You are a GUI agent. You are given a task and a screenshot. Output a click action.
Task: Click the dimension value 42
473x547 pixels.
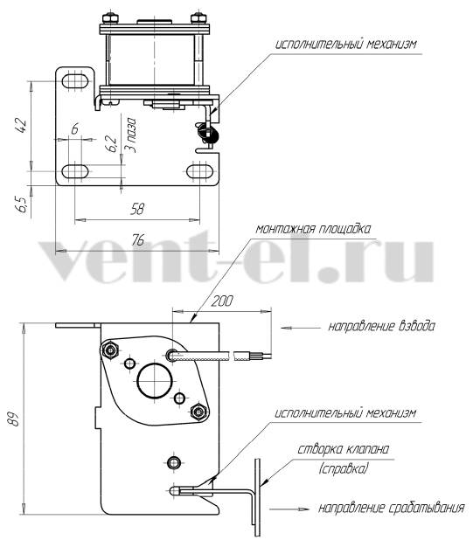pyautogui.click(x=21, y=126)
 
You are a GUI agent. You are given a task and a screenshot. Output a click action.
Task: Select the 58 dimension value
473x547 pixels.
pyautogui.click(x=137, y=209)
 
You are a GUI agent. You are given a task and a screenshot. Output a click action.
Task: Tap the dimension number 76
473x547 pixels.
pyautogui.click(x=138, y=240)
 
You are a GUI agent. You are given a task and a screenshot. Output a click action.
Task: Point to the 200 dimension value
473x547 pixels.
pyautogui.click(x=222, y=301)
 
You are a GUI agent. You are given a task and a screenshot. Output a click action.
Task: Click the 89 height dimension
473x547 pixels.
pyautogui.click(x=13, y=419)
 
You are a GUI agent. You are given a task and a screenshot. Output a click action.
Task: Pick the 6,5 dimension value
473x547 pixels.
pyautogui.click(x=21, y=204)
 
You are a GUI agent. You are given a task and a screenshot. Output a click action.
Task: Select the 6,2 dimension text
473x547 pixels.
pyautogui.click(x=111, y=143)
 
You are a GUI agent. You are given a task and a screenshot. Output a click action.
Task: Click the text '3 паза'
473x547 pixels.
pyautogui.click(x=130, y=135)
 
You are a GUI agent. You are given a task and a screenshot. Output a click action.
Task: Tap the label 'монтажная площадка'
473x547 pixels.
pyautogui.click(x=313, y=229)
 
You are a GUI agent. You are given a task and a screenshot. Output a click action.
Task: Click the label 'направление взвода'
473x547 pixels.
pyautogui.click(x=381, y=327)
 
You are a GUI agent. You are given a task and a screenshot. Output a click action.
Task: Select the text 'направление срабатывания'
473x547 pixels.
pyautogui.click(x=392, y=508)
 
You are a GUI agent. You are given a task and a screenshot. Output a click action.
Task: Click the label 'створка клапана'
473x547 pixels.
pyautogui.click(x=343, y=449)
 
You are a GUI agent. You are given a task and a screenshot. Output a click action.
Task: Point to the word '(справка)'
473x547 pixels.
pyautogui.click(x=343, y=468)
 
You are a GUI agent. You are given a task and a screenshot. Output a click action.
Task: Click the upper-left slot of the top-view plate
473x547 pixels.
pyautogui.click(x=74, y=81)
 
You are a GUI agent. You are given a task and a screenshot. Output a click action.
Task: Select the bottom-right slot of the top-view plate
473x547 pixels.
pyautogui.click(x=199, y=171)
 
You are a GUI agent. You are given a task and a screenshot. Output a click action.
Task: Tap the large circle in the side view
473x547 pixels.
pyautogui.click(x=155, y=381)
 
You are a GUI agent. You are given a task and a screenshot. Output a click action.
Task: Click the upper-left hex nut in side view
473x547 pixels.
pyautogui.click(x=111, y=350)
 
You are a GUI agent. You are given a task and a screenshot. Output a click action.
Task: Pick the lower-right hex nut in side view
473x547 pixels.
pyautogui.click(x=199, y=412)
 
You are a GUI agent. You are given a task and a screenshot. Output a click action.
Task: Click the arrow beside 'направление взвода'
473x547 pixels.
pyautogui.click(x=301, y=328)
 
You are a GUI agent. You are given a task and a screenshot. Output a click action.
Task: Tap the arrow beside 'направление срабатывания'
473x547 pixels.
pyautogui.click(x=289, y=509)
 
